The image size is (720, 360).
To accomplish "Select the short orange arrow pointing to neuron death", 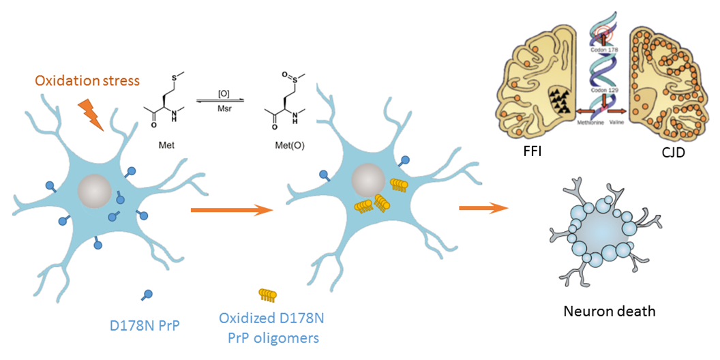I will [483, 206].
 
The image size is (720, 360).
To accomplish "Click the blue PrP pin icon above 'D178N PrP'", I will [147, 295].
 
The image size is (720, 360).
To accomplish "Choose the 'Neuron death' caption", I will [610, 312].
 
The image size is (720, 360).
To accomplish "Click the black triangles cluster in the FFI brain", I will [562, 102].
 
